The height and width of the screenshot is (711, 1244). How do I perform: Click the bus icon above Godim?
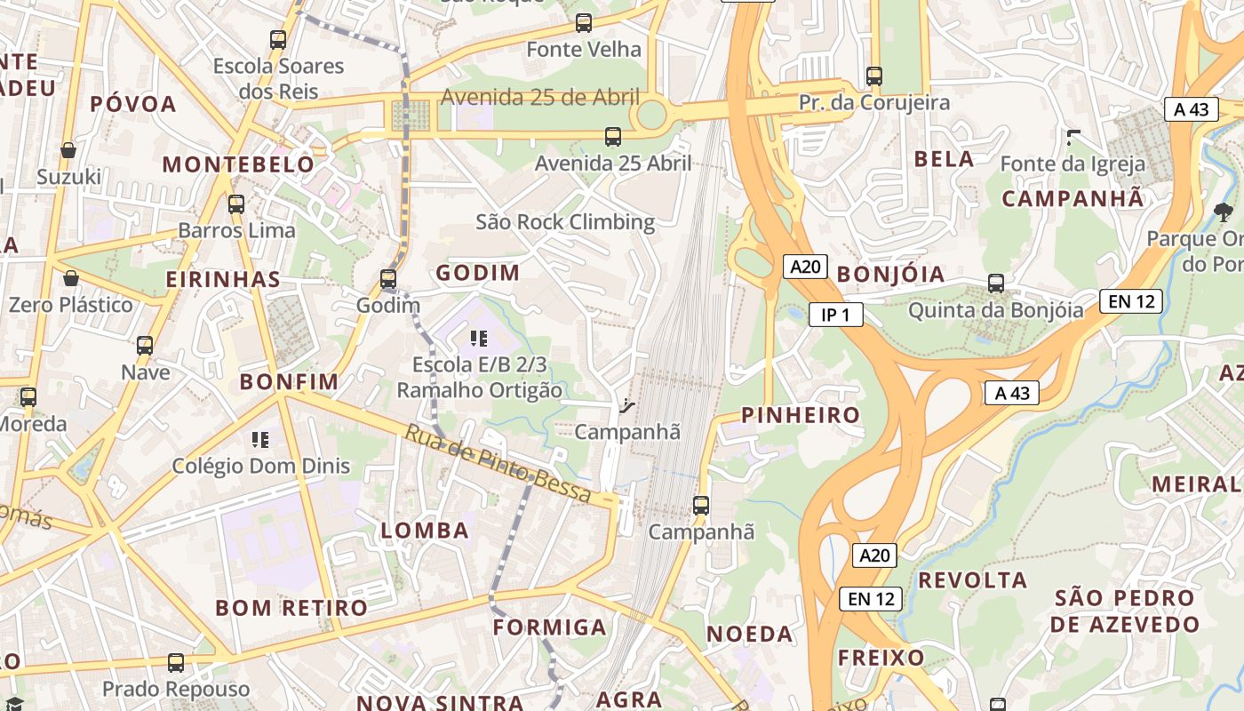point(387,279)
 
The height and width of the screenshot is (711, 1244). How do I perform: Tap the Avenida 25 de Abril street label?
point(539,97)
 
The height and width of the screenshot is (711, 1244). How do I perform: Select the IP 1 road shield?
point(835,314)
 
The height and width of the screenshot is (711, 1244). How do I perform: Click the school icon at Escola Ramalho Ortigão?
point(479,339)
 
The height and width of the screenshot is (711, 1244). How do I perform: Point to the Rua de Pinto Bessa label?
point(498,465)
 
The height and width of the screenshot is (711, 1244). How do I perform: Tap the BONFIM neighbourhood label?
point(289,382)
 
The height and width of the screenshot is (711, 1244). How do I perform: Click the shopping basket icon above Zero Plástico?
point(70,279)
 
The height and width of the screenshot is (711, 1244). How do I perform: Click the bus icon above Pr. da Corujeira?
point(874,76)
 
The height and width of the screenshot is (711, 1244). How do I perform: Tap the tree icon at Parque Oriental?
point(1223,212)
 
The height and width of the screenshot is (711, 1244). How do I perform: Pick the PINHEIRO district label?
point(801,415)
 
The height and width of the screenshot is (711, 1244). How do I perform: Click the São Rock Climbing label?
point(565,221)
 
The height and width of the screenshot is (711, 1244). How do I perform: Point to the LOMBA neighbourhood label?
point(425,531)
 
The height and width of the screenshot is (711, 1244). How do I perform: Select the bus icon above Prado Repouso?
point(176,663)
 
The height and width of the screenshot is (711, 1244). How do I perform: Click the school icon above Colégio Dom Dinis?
point(260,439)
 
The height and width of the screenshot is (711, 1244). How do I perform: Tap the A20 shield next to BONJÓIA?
point(805,267)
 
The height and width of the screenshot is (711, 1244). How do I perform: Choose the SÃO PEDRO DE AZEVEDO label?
point(1125,611)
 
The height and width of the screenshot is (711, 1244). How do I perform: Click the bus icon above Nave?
point(145,346)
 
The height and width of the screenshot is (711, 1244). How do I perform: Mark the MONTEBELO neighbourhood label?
point(238,164)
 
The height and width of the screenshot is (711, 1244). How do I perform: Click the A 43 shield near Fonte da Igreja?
point(1191,109)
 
